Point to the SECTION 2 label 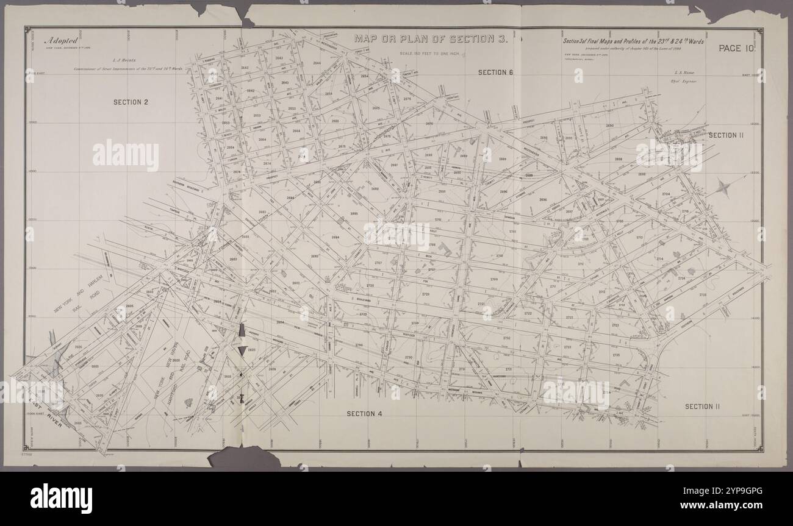(131, 102)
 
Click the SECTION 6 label (495, 73)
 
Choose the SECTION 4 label (364, 414)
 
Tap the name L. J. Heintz (123, 60)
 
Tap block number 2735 (616, 355)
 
